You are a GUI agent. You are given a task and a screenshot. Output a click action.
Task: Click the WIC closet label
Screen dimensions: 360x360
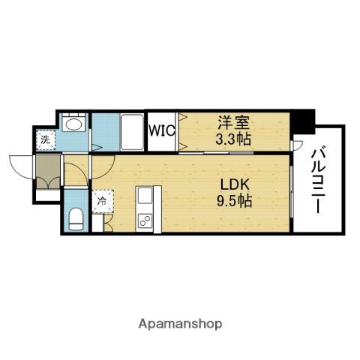point(162,130)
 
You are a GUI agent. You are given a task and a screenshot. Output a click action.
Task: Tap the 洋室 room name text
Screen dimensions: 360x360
point(233,122)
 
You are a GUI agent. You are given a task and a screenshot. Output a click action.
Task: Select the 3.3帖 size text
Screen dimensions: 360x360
point(233,139)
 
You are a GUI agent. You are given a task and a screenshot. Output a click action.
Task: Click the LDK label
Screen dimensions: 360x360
point(235,184)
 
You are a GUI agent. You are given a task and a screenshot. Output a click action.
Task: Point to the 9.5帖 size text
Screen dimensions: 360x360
point(234,201)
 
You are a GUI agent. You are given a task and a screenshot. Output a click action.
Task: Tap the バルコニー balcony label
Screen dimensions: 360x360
point(318,181)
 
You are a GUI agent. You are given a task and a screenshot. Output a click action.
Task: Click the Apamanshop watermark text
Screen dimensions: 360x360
point(180,324)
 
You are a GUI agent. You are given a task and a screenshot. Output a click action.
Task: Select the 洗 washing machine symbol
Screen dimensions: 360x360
point(45,140)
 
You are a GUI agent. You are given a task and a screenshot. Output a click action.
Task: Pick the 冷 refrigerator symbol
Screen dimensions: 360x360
point(103,201)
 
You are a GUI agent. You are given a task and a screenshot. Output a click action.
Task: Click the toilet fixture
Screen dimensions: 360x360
point(76,219)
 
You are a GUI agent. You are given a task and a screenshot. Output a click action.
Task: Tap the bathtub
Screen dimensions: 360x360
point(132,132)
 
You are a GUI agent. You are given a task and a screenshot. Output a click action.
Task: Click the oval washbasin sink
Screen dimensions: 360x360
point(73,124)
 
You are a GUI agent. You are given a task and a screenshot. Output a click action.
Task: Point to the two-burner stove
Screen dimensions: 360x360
point(145,220)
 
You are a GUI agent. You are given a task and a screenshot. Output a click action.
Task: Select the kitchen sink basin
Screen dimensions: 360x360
point(145,195)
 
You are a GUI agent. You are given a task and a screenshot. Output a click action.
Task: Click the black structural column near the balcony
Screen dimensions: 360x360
point(303,121)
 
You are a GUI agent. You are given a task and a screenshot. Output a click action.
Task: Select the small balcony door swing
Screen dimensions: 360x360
point(298,145)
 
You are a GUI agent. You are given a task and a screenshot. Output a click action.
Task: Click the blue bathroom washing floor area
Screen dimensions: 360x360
point(106,132)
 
